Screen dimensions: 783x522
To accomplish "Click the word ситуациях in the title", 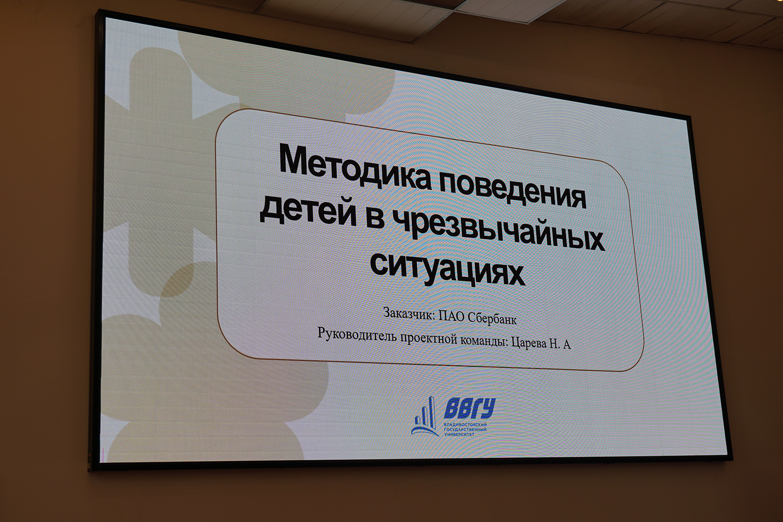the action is [x=448, y=266].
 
